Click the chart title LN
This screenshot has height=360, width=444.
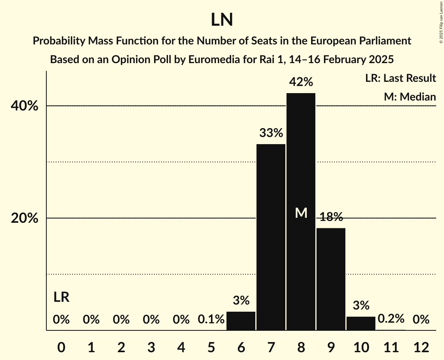(222, 20)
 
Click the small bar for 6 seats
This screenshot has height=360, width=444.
(241, 321)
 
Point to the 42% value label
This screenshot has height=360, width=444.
(301, 82)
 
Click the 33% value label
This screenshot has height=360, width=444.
(271, 133)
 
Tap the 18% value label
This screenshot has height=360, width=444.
(331, 217)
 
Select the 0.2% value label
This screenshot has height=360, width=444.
(391, 319)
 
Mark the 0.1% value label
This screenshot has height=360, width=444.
(211, 319)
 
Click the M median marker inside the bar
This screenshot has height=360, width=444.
(301, 213)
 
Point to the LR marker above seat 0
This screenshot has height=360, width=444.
(61, 297)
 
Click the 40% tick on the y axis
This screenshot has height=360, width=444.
(25, 106)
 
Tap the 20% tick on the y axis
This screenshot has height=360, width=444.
(25, 218)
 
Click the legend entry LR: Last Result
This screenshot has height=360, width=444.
(400, 78)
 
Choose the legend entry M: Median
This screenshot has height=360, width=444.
(410, 97)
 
